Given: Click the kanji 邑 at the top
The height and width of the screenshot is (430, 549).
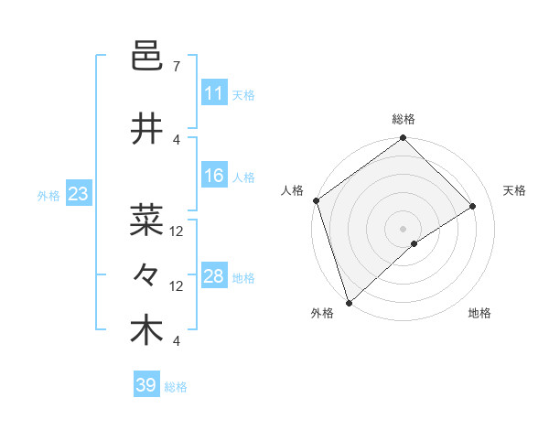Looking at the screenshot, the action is pyautogui.click(x=146, y=59).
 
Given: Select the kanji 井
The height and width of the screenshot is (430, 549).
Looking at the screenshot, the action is pyautogui.click(x=146, y=130).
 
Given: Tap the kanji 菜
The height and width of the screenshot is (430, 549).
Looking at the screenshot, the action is pyautogui.click(x=146, y=220).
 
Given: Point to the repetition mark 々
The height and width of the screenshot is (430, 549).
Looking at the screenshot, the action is pyautogui.click(x=146, y=274).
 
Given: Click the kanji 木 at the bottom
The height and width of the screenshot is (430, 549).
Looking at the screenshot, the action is pyautogui.click(x=146, y=330).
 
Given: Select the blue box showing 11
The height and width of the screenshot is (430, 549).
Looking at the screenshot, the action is pyautogui.click(x=214, y=93).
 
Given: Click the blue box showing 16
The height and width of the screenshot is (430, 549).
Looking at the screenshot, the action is pyautogui.click(x=214, y=177).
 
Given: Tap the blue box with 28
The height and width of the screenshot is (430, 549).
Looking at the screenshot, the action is pyautogui.click(x=214, y=276).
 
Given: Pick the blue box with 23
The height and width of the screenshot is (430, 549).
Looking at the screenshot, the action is pyautogui.click(x=78, y=194).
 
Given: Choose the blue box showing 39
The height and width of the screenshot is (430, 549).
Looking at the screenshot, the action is pyautogui.click(x=146, y=385).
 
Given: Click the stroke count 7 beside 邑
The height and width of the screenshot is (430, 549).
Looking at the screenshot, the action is pyautogui.click(x=176, y=67).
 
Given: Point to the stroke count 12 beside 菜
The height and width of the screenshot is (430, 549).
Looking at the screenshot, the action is pyautogui.click(x=177, y=231).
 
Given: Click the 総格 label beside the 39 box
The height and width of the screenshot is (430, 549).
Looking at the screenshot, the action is pyautogui.click(x=176, y=387).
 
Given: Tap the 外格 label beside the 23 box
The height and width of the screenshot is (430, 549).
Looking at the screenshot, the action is pyautogui.click(x=48, y=195).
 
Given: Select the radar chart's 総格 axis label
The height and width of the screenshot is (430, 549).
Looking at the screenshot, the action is pyautogui.click(x=404, y=119).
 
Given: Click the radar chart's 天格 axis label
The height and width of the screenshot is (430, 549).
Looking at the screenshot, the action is pyautogui.click(x=515, y=190).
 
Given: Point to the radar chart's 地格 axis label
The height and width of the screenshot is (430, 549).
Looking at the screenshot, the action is pyautogui.click(x=479, y=314).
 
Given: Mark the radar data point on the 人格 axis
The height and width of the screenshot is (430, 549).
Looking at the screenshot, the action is pyautogui.click(x=316, y=200).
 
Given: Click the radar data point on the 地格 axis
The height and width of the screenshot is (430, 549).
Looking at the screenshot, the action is pyautogui.click(x=414, y=243).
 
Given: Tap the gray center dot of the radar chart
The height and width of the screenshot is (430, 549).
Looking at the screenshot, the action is pyautogui.click(x=403, y=228).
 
